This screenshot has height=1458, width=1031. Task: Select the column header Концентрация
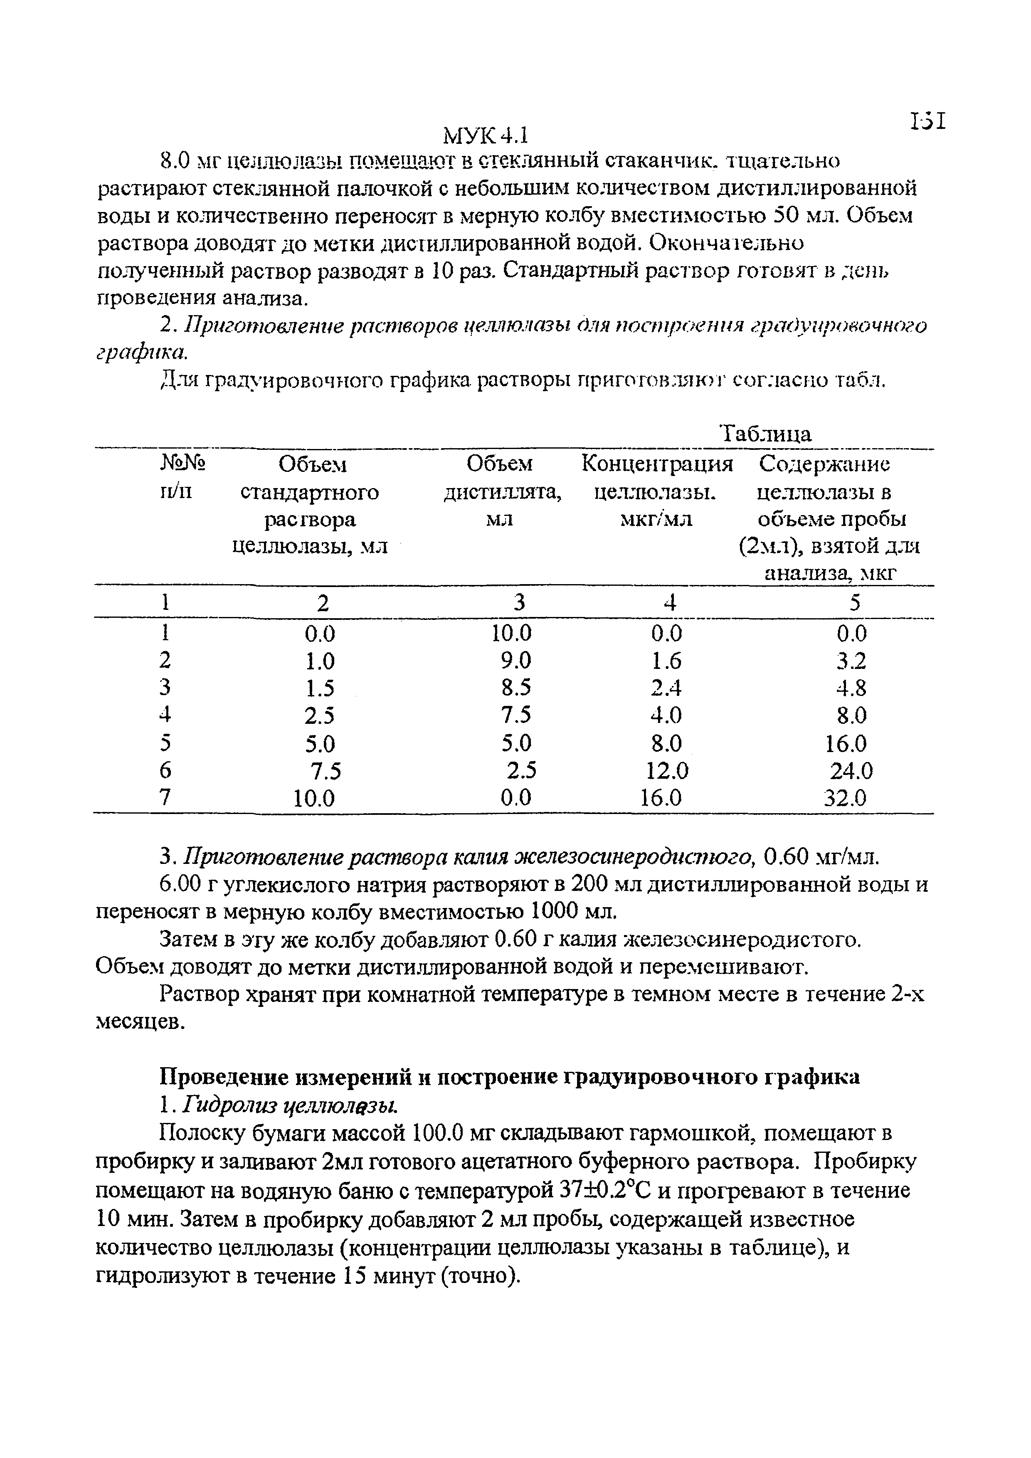657,464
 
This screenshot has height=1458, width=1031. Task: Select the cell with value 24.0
851,771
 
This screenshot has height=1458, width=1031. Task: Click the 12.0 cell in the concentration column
666,771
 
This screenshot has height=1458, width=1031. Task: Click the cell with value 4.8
851,688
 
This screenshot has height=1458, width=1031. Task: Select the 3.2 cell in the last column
851,661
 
